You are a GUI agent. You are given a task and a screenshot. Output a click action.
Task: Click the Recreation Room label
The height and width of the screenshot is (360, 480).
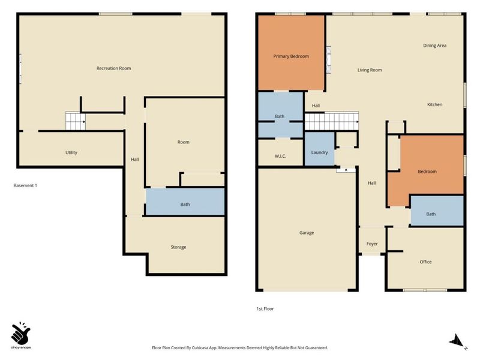113,68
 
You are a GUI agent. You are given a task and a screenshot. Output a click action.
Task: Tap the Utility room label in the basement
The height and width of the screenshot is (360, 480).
71,152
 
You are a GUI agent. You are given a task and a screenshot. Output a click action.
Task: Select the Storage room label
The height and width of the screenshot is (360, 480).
178,247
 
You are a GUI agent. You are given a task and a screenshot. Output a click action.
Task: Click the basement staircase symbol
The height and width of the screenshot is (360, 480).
76,121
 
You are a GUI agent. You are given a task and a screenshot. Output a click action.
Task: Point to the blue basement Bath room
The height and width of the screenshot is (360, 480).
185,202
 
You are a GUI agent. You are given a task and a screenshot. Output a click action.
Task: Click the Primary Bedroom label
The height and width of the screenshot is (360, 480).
291,56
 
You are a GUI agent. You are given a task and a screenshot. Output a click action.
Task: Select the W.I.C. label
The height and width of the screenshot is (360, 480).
280,156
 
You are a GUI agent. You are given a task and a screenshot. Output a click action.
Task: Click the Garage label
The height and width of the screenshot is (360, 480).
307,233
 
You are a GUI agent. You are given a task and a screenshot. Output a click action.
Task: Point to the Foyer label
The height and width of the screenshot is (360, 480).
372,244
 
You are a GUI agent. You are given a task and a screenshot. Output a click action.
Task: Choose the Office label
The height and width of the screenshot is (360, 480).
425,262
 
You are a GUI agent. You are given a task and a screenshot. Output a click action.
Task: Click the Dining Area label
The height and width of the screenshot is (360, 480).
434,46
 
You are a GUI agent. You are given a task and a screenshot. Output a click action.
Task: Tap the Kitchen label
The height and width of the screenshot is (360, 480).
434,104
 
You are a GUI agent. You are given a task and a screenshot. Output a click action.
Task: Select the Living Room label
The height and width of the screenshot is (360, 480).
370,70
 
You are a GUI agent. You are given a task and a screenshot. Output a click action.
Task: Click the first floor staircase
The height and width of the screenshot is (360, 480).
332,121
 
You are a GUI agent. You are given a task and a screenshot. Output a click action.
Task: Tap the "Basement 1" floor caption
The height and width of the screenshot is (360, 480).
25,185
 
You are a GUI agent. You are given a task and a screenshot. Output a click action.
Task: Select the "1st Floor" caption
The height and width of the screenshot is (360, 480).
265,309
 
